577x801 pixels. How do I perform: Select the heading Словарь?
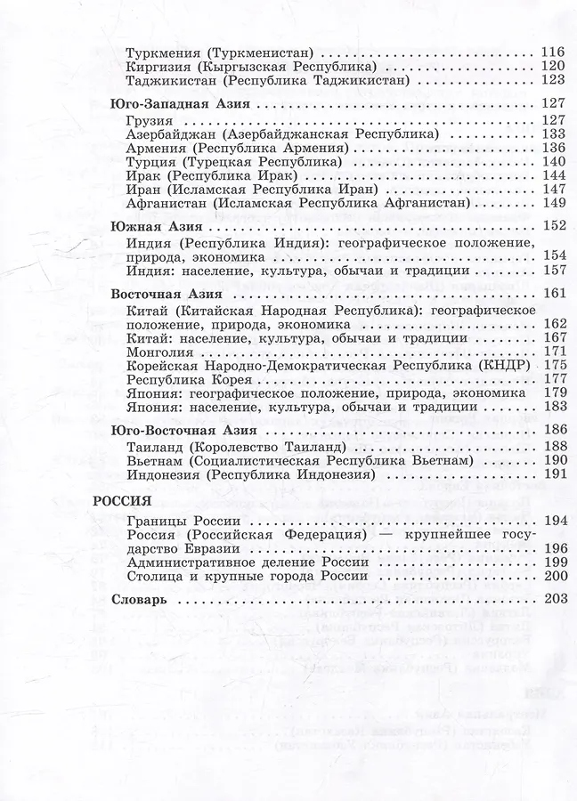click(139, 600)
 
